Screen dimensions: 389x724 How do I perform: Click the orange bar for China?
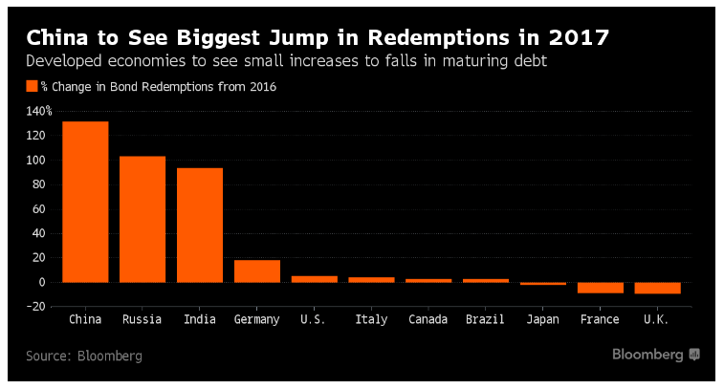85,202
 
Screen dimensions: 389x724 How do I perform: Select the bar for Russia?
143,219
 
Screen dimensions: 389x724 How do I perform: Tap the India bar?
200,225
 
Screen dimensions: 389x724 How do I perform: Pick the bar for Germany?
257,270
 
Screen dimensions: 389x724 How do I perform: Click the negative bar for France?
601,288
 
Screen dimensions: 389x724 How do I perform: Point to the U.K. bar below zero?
658,288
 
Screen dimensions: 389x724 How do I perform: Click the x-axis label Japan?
543,319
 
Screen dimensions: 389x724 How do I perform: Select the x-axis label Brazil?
486,319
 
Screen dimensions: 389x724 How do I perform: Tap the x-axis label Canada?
428,319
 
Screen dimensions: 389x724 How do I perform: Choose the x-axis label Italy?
371,319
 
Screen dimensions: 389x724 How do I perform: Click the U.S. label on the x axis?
314,319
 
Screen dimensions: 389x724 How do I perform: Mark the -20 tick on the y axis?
38,307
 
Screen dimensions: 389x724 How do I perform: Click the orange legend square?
32,86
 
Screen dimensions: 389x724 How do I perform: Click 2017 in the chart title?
578,37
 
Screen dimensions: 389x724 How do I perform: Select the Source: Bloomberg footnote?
84,356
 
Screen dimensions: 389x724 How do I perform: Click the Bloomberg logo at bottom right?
656,355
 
